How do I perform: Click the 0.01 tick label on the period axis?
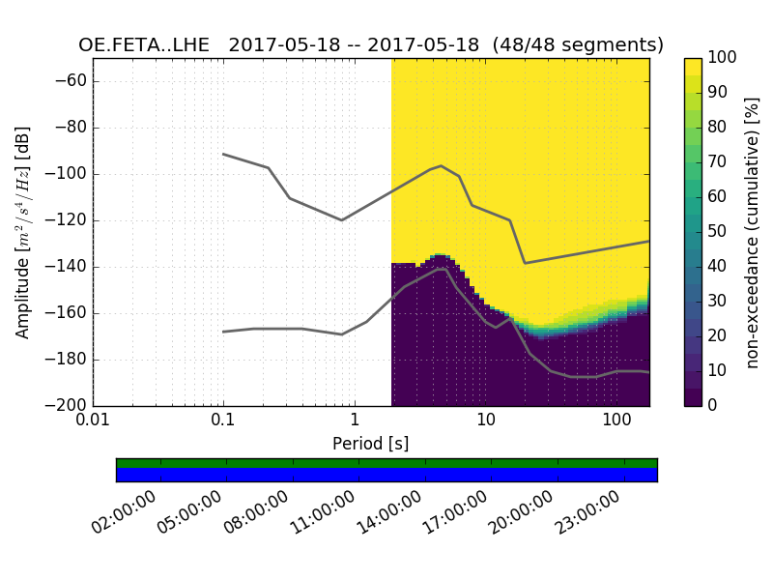tap(93, 422)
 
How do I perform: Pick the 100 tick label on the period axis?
tap(616, 422)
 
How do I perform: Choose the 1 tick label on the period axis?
tap(355, 422)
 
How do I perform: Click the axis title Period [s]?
tap(371, 444)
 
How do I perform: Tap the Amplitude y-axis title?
tap(23, 232)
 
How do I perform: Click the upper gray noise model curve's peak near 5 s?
tap(441, 165)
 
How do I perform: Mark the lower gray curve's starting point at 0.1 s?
tap(223, 332)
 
